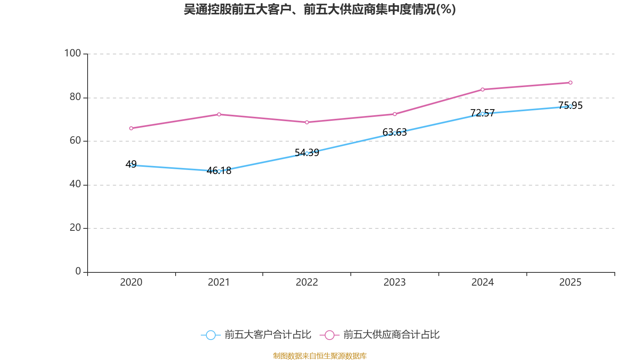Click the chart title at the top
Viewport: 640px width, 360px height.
tap(320, 10)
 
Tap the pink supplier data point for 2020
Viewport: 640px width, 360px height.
tap(131, 128)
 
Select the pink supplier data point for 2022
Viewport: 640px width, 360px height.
tap(307, 122)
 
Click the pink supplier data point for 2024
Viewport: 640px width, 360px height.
tap(482, 90)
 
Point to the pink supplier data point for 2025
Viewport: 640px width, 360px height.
tap(570, 83)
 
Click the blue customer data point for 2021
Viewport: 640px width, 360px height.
tap(219, 171)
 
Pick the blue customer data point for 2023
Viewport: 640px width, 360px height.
tap(395, 133)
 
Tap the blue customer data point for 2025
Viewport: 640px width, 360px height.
tap(570, 106)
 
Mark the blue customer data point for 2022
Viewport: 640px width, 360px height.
tap(307, 154)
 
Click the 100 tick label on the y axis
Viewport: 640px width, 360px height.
tap(73, 53)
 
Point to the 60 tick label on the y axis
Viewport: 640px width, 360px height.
tap(75, 140)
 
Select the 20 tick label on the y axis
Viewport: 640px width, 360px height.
tap(75, 228)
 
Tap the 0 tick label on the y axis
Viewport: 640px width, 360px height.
tap(78, 271)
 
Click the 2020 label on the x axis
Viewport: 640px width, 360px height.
tap(131, 282)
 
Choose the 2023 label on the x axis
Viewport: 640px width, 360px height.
tap(395, 282)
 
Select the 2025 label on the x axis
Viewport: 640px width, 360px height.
tap(570, 282)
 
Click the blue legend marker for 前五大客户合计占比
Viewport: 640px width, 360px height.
tap(210, 335)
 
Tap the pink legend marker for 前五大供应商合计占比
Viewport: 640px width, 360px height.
tap(330, 335)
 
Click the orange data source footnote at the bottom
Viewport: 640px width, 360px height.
tap(320, 356)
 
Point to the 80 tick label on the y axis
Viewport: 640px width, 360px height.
tap(75, 97)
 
